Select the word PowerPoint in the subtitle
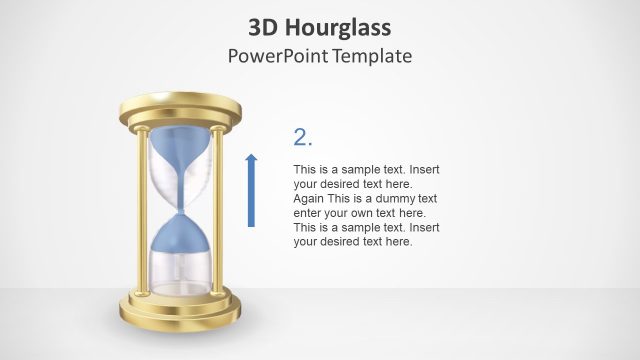(x=276, y=55)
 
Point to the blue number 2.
(x=303, y=138)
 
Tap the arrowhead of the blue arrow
(x=251, y=158)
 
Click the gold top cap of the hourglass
(x=181, y=106)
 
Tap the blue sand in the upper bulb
(x=179, y=145)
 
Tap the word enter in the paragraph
(x=309, y=213)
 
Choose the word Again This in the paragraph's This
(x=346, y=198)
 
